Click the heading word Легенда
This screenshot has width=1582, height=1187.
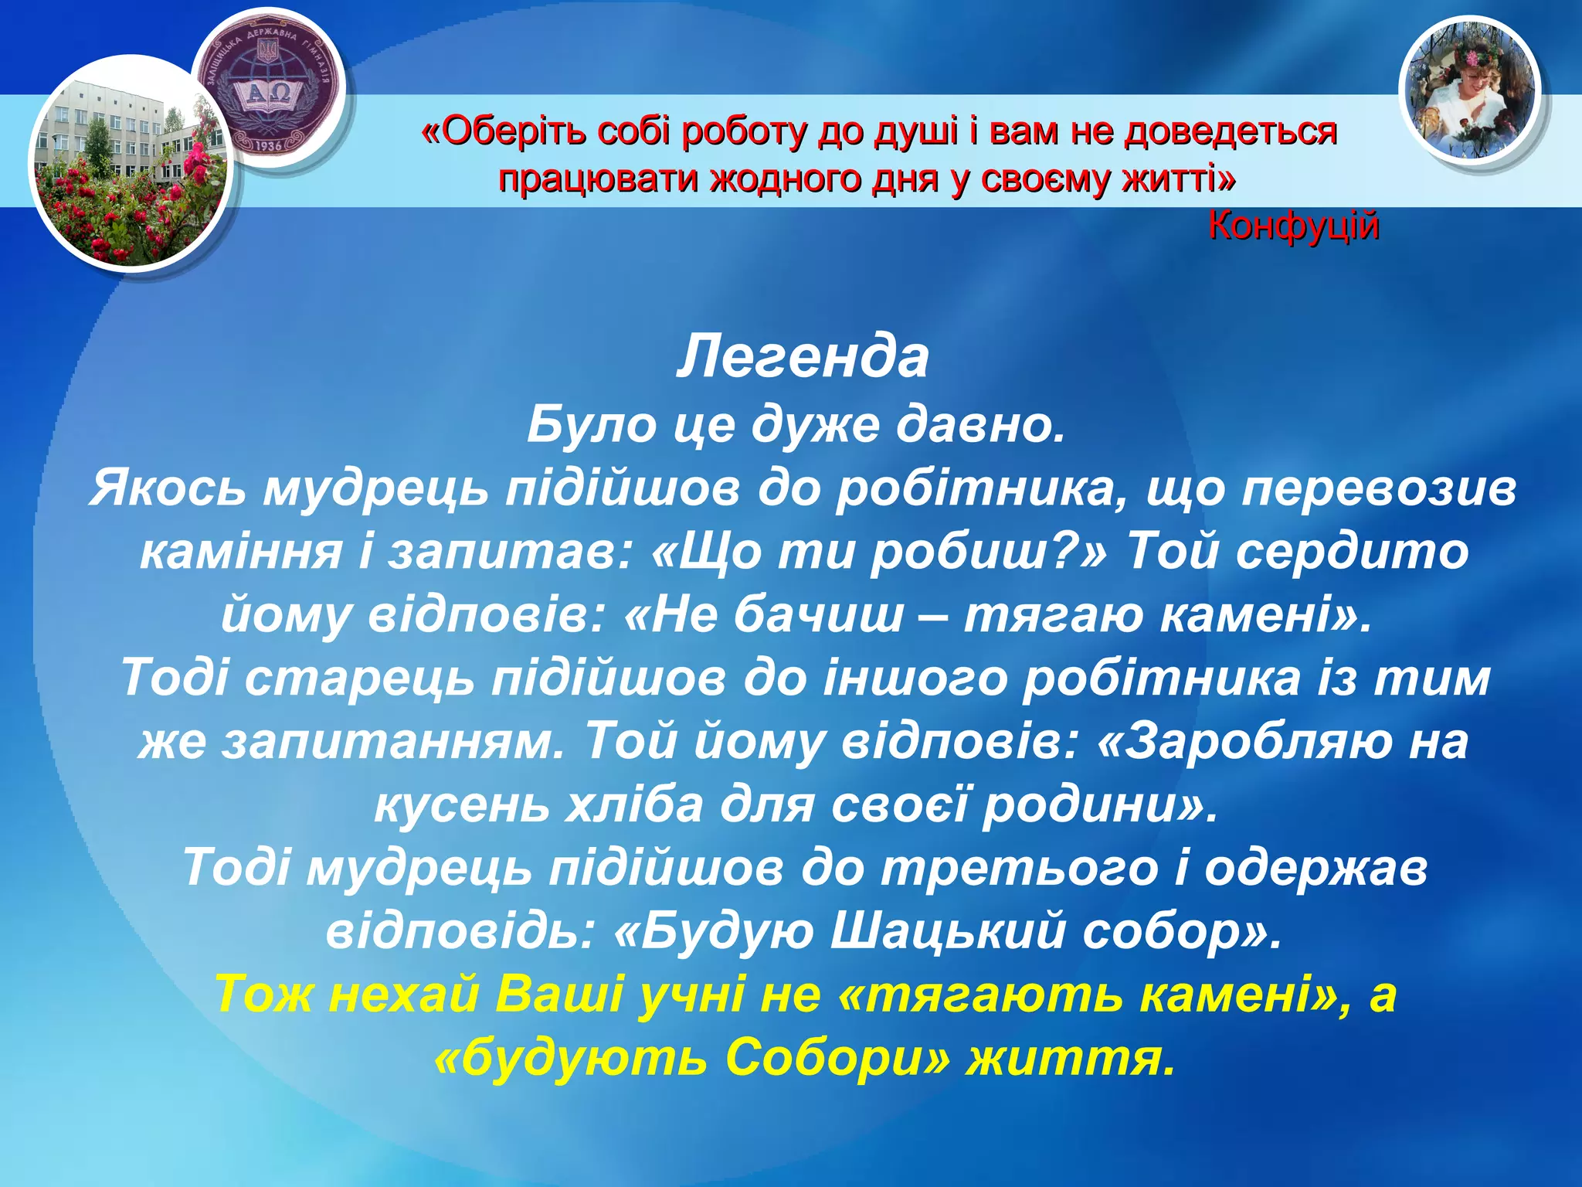tap(803, 358)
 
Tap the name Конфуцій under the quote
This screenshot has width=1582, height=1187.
tap(1293, 226)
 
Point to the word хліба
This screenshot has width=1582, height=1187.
tap(634, 804)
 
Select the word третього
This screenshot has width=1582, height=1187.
tap(1019, 868)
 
